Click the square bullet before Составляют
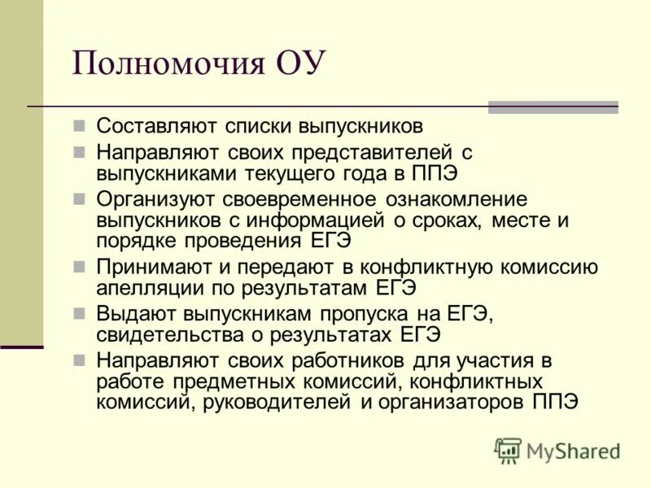click(x=79, y=127)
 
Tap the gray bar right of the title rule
click(x=553, y=107)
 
